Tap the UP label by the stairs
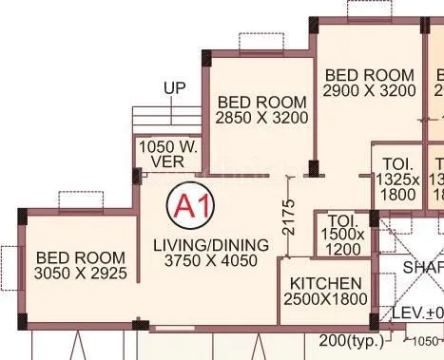click(x=174, y=88)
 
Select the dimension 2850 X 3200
click(x=261, y=120)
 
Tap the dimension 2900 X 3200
click(x=369, y=91)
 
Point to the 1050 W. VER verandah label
click(x=168, y=155)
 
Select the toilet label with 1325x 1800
click(x=396, y=179)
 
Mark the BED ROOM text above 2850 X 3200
click(x=261, y=103)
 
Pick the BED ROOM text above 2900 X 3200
click(x=369, y=75)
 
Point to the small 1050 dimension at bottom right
click(x=426, y=342)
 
